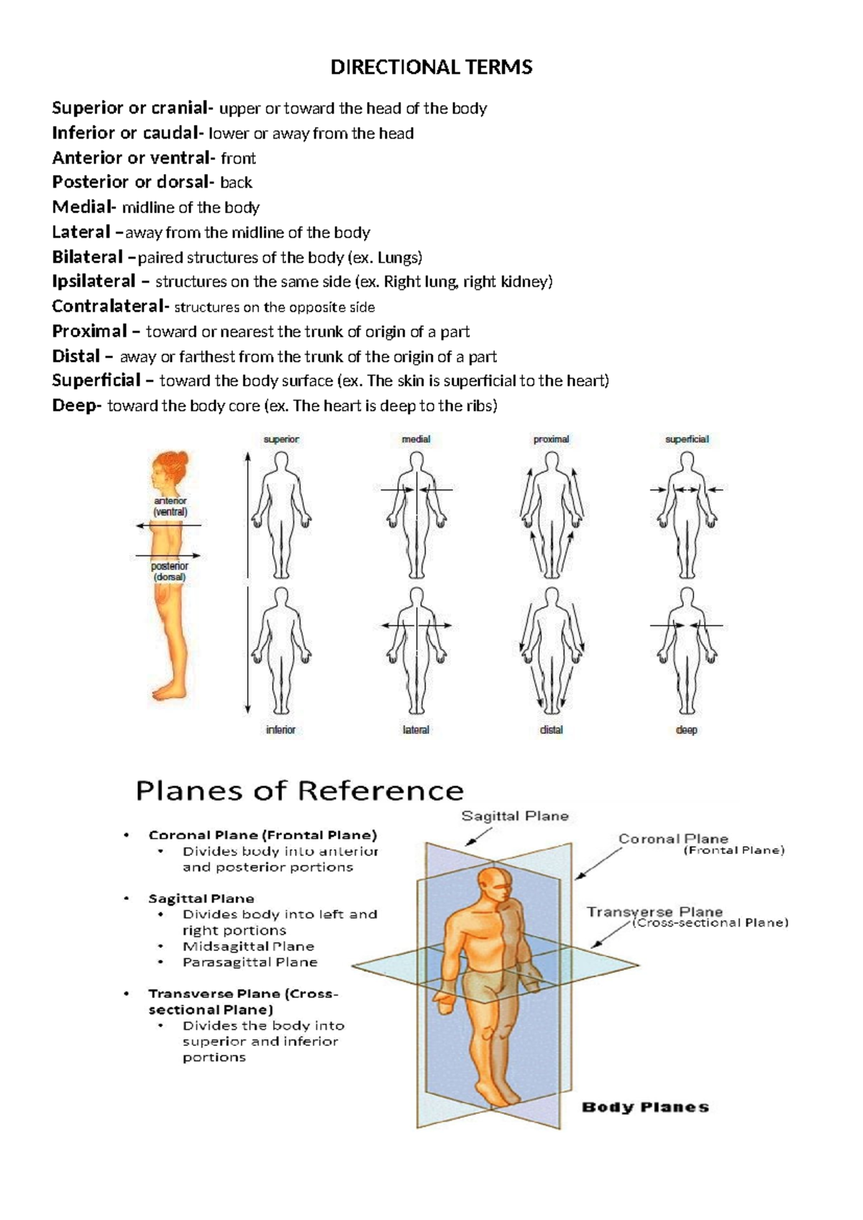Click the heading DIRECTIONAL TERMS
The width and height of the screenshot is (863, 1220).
[x=431, y=68]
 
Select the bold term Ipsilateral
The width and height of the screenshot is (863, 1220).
[x=93, y=281]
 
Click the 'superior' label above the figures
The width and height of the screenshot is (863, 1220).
[x=281, y=439]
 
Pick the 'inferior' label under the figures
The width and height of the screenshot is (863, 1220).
[x=280, y=729]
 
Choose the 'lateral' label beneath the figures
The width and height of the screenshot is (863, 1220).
[x=416, y=729]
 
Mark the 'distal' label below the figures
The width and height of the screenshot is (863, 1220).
[x=551, y=729]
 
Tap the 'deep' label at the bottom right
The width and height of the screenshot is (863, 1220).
[x=686, y=729]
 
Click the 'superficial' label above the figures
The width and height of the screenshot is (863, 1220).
[x=687, y=439]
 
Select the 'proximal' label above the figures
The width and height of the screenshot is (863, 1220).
[x=551, y=439]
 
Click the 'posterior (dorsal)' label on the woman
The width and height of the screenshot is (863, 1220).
[x=169, y=571]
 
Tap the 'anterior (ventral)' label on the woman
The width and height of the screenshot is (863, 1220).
[x=170, y=506]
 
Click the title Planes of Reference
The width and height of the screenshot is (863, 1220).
[x=299, y=791]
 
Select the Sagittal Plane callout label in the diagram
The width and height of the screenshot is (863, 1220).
[x=515, y=816]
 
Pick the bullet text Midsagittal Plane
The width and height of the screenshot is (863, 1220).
[x=248, y=946]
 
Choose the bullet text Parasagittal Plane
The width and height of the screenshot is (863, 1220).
[x=250, y=962]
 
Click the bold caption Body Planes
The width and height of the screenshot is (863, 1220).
[x=645, y=1107]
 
